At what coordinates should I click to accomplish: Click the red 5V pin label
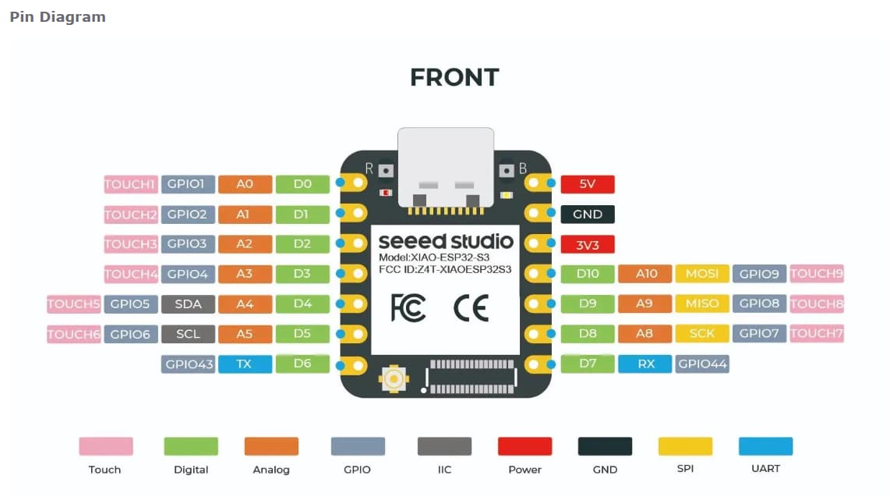coord(588,184)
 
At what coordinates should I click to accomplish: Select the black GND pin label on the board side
coord(588,215)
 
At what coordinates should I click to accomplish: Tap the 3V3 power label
coord(588,244)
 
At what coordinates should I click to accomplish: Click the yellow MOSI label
coord(702,274)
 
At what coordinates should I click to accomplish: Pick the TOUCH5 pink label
coord(74,304)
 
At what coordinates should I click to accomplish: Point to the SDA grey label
coord(188,304)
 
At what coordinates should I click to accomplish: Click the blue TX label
coord(245,364)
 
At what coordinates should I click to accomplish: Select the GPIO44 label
coord(702,364)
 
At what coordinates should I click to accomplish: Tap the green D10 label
coord(588,274)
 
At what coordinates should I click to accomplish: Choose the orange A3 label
coord(245,274)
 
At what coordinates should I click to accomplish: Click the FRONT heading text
coord(454,77)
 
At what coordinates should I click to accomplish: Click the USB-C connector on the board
coord(445,168)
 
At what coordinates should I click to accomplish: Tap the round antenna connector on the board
coord(394,380)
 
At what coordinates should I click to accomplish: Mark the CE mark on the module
coord(471,308)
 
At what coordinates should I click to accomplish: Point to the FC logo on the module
coord(408,308)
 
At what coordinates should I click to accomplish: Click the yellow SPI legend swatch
coord(685,446)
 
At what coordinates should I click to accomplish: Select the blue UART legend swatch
coord(765,446)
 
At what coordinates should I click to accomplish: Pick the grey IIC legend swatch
coord(444,446)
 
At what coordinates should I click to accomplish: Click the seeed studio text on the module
coord(445,240)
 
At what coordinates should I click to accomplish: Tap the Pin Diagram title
coord(57,16)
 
